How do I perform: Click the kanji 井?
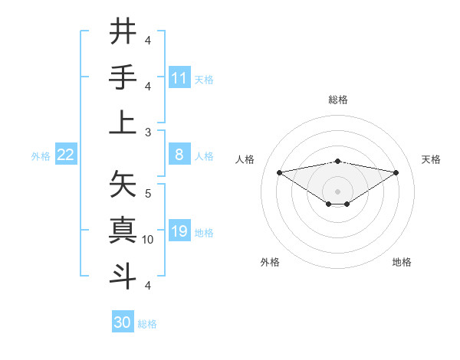pos(123,31)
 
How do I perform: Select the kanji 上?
pos(123,123)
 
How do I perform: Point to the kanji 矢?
pos(123,184)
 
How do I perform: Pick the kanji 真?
pos(123,230)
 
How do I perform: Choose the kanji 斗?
pos(123,276)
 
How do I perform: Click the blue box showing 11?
pos(179,78)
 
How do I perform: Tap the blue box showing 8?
pos(179,155)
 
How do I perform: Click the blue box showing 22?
pos(66,155)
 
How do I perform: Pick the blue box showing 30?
pos(123,322)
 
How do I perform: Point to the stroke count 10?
pos(148,239)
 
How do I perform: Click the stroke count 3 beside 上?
pos(148,132)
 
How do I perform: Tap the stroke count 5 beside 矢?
pos(148,193)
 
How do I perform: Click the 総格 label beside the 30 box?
pos(148,324)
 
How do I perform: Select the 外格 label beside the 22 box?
pos(41,156)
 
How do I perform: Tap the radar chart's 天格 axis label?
pos(431,159)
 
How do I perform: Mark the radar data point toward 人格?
pos(279,172)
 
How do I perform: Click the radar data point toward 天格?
pos(396,172)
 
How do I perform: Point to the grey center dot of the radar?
pos(337,190)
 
